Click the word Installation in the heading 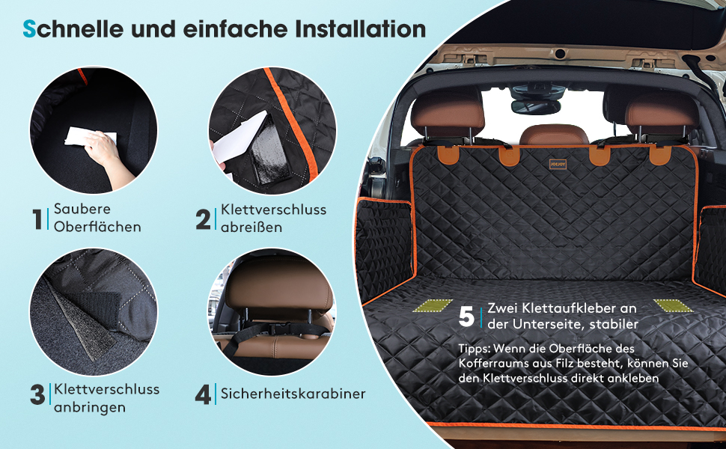tap(360, 28)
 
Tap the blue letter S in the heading tap(29, 28)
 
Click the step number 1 tap(37, 219)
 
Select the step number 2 tap(203, 219)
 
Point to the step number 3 tap(37, 395)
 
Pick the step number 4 tap(204, 395)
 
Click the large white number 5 tap(467, 317)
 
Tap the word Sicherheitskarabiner tap(293, 394)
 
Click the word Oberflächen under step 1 tap(97, 227)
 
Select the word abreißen tap(251, 227)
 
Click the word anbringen tap(90, 408)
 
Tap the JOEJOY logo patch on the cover tap(558, 164)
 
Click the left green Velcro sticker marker tap(433, 305)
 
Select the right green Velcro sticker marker tap(673, 305)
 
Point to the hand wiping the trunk tap(108, 157)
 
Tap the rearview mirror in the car tap(536, 106)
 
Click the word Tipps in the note tap(474, 349)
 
